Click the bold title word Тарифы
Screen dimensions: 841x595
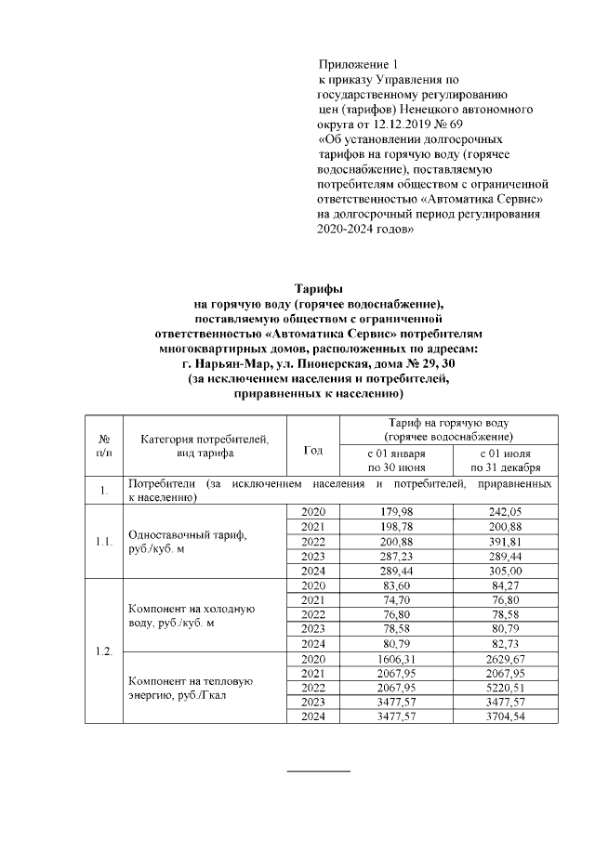point(318,289)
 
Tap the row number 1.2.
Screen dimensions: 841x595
point(104,650)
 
